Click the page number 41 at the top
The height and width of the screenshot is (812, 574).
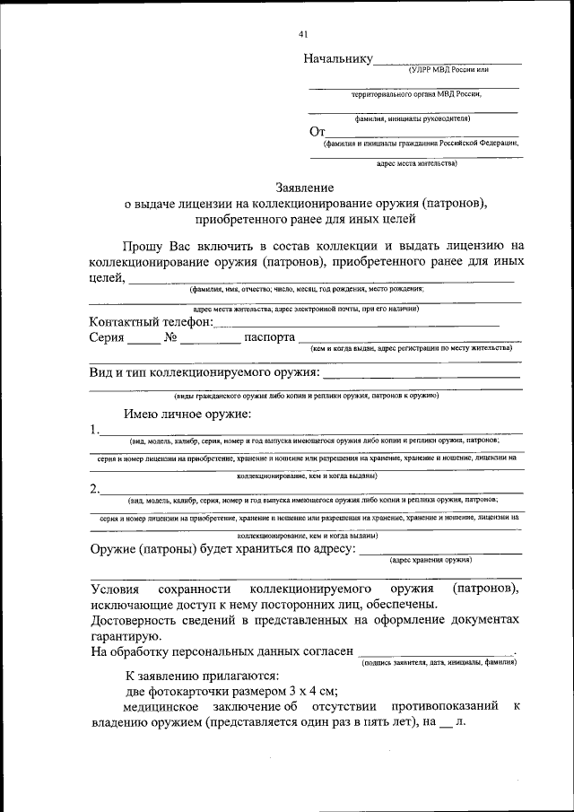point(302,34)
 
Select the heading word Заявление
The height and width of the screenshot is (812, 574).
point(305,188)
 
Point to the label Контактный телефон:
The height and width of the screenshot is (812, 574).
point(152,321)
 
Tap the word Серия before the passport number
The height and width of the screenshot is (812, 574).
point(107,338)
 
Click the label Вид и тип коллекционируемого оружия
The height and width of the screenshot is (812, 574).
point(204,371)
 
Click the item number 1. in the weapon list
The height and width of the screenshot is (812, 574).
point(94,430)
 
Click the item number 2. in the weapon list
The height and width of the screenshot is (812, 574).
point(94,489)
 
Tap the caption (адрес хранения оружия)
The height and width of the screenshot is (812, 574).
point(431,559)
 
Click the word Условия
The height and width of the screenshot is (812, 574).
point(116,589)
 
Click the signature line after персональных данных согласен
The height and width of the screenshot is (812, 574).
point(436,652)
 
